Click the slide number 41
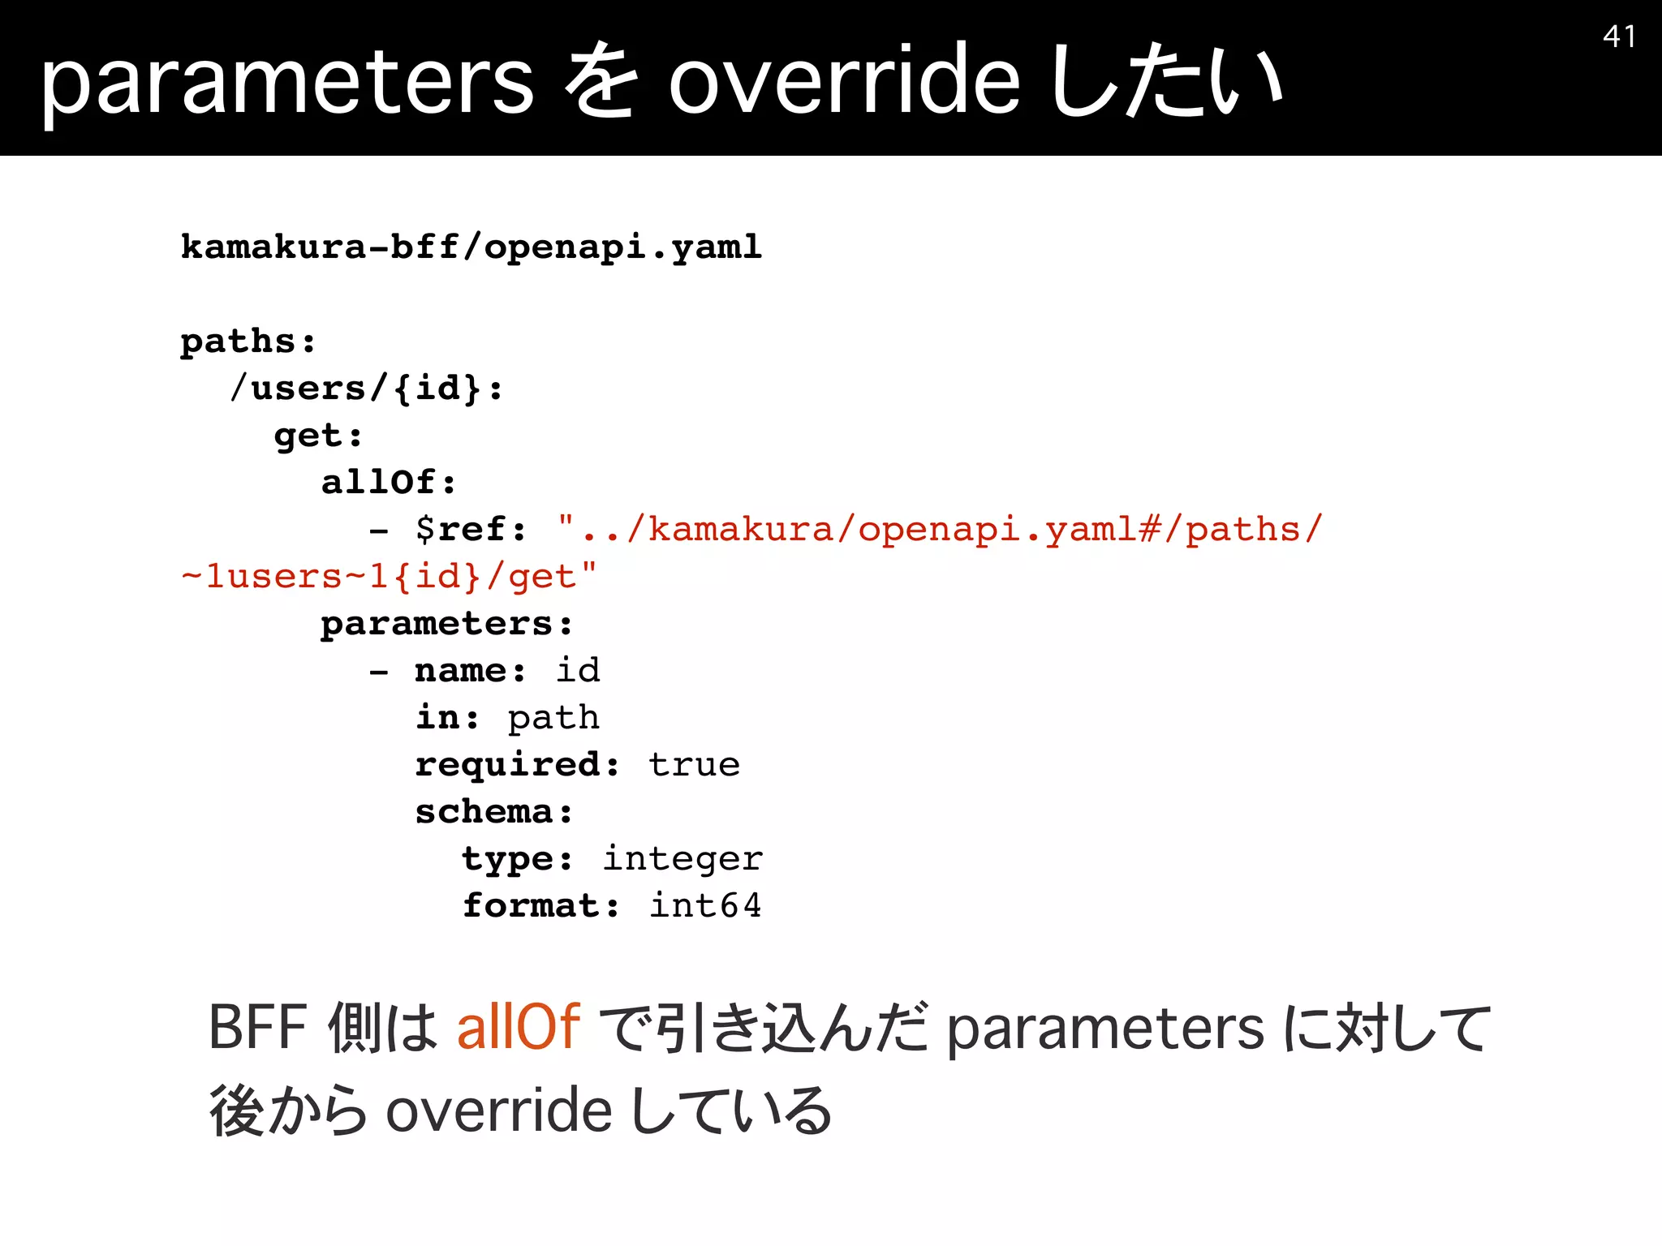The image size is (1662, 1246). pyautogui.click(x=1619, y=37)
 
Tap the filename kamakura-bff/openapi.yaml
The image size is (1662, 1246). pyautogui.click(x=471, y=246)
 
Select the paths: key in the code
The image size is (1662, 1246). pyautogui.click(x=248, y=341)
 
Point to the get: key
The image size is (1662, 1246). pyautogui.click(x=318, y=436)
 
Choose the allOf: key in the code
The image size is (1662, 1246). pyautogui.click(x=389, y=482)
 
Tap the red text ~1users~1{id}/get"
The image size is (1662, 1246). pyautogui.click(x=389, y=576)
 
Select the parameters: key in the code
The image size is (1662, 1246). pyautogui.click(x=447, y=623)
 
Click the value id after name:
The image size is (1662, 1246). pyautogui.click(x=578, y=670)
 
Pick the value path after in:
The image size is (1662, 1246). pyautogui.click(x=553, y=718)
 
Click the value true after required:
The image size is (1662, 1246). pyautogui.click(x=694, y=764)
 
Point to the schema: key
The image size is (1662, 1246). pyautogui.click(x=494, y=811)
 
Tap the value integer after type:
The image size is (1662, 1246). pyautogui.click(x=682, y=858)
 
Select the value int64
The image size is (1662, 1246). pyautogui.click(x=705, y=905)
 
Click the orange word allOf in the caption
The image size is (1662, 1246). pyautogui.click(x=519, y=1027)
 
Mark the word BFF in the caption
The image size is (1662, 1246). pyautogui.click(x=258, y=1027)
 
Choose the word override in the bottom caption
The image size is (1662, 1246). pyautogui.click(x=498, y=1110)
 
